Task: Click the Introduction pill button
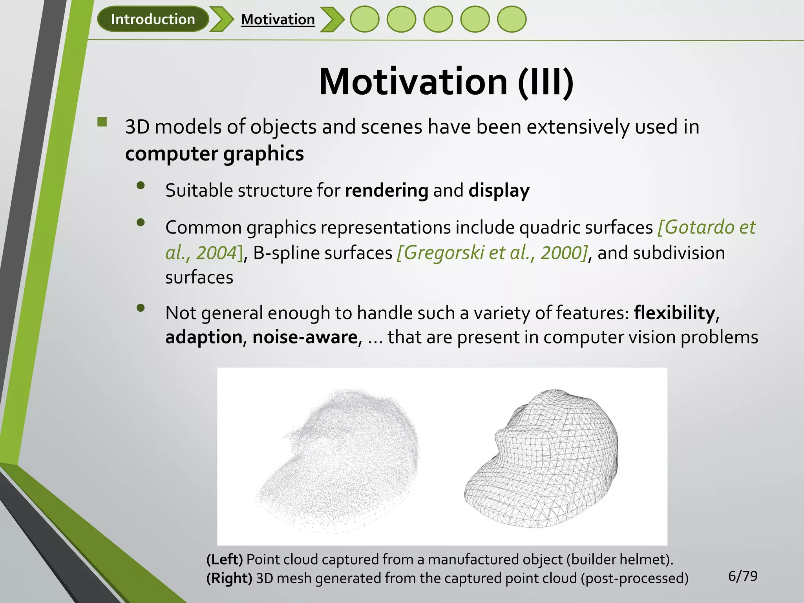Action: [153, 19]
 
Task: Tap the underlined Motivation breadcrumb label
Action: [278, 20]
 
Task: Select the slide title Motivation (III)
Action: [446, 82]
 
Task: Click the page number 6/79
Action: [742, 576]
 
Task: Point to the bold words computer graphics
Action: [214, 153]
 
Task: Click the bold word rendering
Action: [386, 191]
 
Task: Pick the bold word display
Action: [499, 191]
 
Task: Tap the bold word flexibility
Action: [674, 313]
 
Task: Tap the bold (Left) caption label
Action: [225, 559]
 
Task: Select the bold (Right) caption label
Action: [229, 578]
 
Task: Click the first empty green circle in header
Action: [364, 19]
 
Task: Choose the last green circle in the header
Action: [512, 19]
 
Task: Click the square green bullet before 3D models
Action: [102, 122]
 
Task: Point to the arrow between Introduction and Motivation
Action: [222, 19]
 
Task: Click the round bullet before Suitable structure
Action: [141, 185]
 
